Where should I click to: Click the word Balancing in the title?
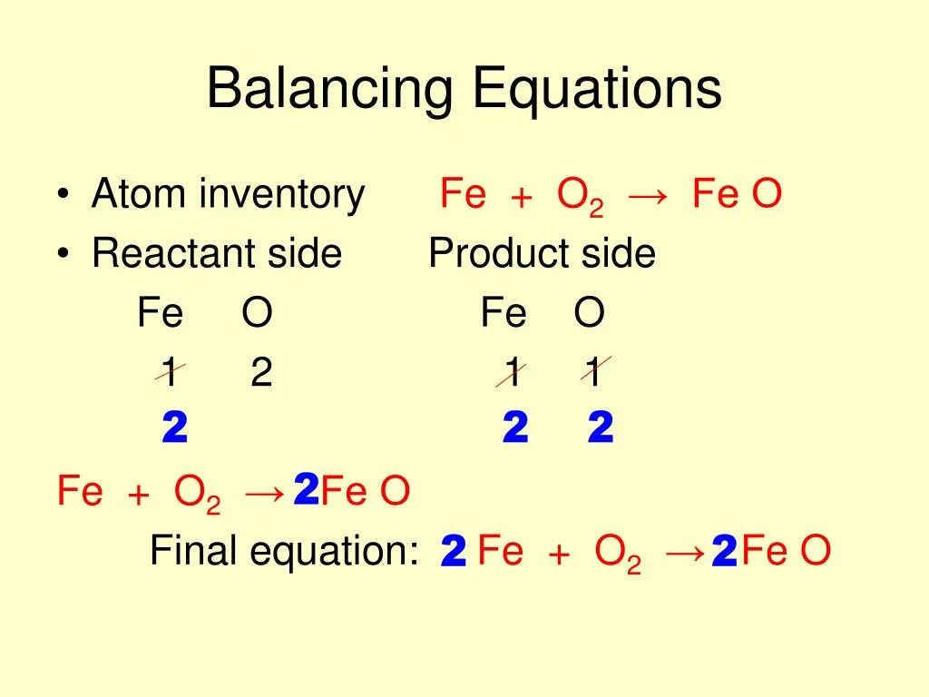click(329, 91)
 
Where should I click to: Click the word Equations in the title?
click(597, 91)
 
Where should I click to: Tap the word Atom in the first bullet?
click(137, 195)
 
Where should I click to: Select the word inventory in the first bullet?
click(281, 195)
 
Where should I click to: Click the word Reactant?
click(171, 254)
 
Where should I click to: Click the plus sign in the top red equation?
click(521, 198)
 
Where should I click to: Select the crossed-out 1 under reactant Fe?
click(169, 373)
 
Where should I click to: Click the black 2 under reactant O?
click(261, 373)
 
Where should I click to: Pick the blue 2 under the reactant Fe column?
click(174, 428)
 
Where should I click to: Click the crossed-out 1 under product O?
click(594, 373)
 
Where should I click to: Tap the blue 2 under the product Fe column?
click(514, 428)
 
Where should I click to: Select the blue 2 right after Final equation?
click(453, 552)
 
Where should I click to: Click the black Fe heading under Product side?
click(504, 314)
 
